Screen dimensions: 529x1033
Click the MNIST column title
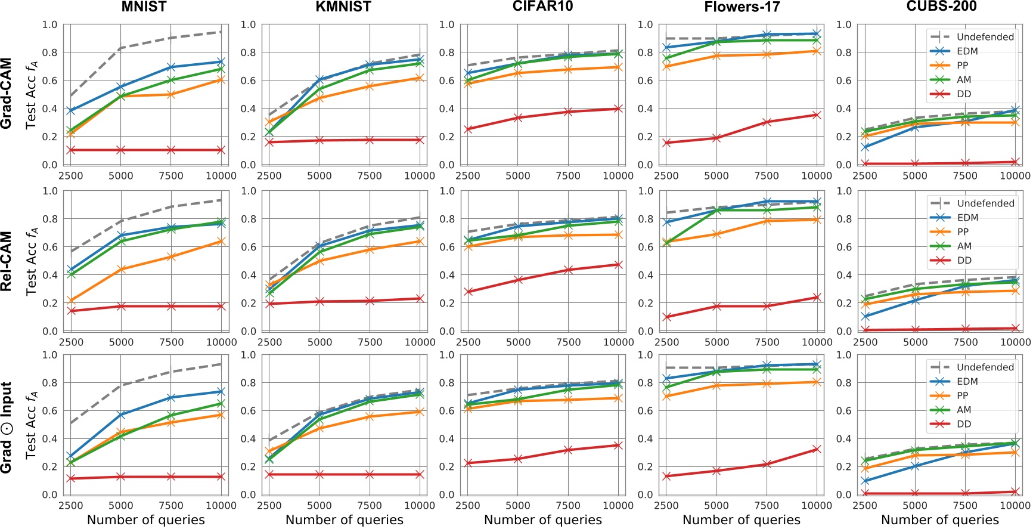(144, 7)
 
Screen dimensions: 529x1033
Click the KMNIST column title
(343, 7)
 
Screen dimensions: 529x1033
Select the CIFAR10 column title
(542, 7)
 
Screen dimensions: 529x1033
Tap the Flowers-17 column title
(742, 7)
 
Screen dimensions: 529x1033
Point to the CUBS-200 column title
(941, 7)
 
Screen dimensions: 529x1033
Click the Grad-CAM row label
(7, 93)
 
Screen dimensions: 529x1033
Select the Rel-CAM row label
(7, 261)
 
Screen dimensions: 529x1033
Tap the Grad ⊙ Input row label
(7, 427)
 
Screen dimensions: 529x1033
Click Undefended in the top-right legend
(985, 37)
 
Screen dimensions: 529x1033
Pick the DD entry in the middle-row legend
(964, 261)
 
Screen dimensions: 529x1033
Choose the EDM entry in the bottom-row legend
(967, 382)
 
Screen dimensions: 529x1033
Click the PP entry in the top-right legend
(962, 66)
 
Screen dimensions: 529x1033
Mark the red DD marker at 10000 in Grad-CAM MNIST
(221, 150)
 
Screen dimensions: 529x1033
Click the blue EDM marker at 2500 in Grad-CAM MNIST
(71, 111)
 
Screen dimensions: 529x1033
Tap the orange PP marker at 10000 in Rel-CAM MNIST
(221, 242)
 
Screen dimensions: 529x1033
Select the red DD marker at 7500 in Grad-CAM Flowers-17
(767, 122)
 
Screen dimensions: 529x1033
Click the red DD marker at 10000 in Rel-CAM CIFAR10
(618, 265)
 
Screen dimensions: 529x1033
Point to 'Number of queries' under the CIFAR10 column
(542, 520)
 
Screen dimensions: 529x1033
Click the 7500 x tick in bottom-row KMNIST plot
(370, 506)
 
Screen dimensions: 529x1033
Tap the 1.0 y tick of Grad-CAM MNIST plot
(49, 25)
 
